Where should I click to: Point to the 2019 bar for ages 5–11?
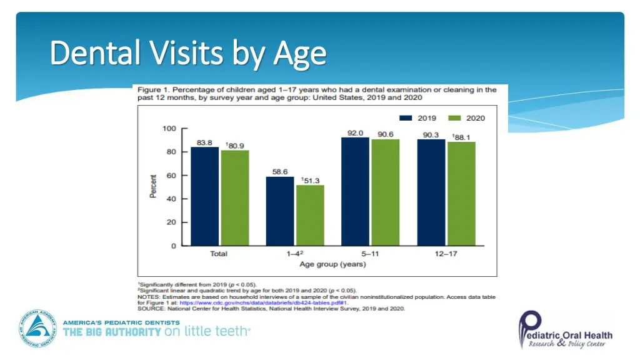[x=354, y=191]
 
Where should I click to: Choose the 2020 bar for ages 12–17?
[x=461, y=193]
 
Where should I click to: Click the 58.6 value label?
[x=279, y=171]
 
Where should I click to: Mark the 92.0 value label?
[x=355, y=132]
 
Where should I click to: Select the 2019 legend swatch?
[x=406, y=118]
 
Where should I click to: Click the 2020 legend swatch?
[x=455, y=118]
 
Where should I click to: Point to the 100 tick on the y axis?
[x=169, y=129]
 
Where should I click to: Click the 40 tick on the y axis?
[x=171, y=199]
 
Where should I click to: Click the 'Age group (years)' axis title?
[x=332, y=264]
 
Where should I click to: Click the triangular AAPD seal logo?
[x=38, y=329]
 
